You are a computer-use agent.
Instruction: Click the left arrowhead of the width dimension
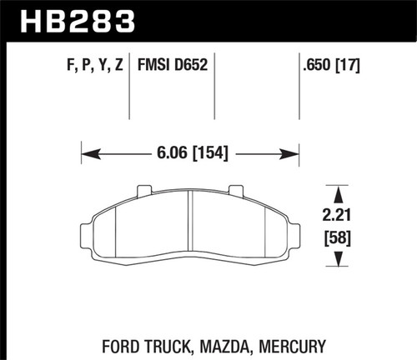87,153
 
